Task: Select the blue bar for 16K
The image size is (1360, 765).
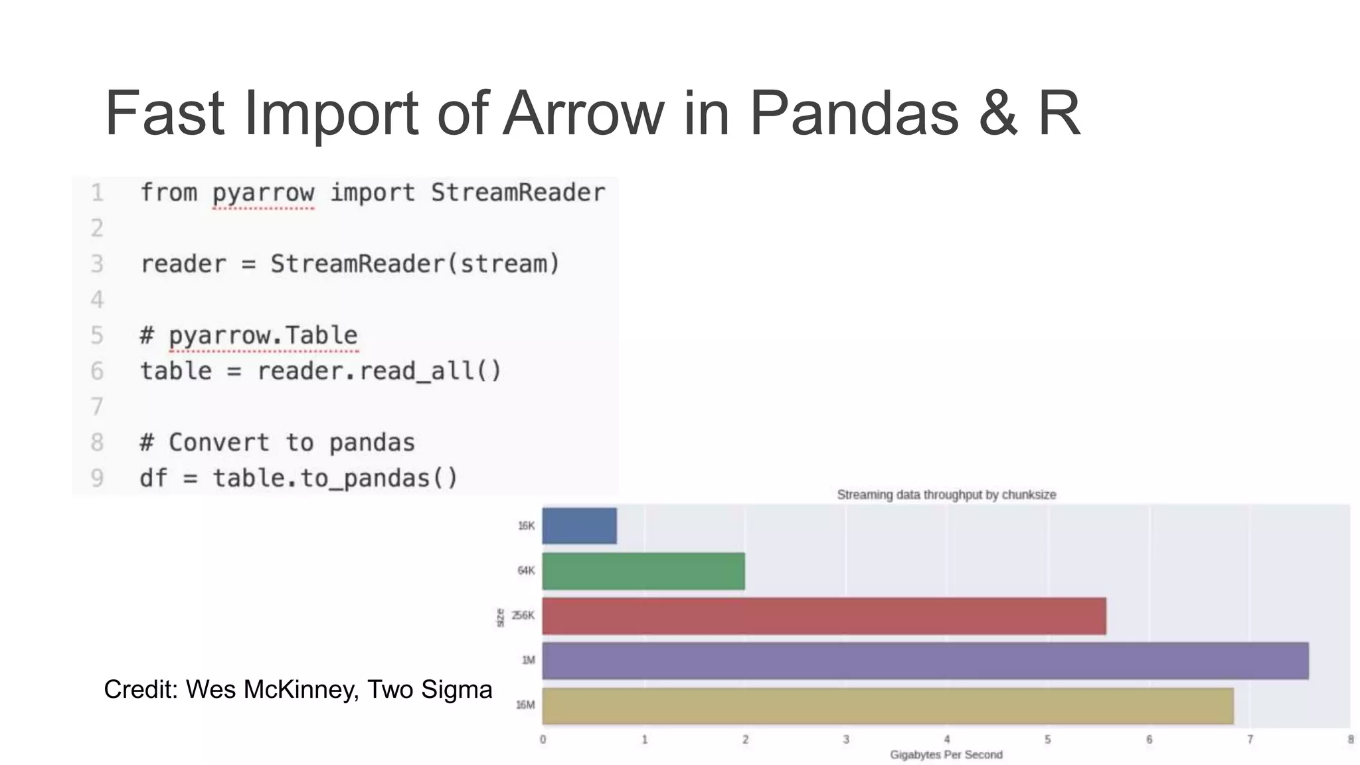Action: tap(579, 526)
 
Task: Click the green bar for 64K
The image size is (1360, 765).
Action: tap(643, 571)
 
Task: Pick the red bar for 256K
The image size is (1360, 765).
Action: tap(823, 616)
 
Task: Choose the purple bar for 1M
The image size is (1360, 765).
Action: tap(924, 661)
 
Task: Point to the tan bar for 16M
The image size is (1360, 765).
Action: tap(887, 706)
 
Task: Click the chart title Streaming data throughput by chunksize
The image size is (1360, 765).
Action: tap(946, 495)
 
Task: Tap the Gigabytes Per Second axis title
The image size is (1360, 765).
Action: tap(946, 755)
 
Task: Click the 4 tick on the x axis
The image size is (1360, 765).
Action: tap(947, 740)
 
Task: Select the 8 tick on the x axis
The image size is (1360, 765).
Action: tap(1350, 740)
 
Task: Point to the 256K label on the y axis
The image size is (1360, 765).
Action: tap(523, 616)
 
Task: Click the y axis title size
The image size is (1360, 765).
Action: tap(500, 618)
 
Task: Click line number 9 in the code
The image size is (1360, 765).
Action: tap(97, 478)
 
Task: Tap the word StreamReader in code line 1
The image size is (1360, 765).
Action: tap(518, 193)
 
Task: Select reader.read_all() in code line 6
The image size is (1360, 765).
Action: tap(379, 371)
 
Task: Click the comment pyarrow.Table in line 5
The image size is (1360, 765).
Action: tap(263, 335)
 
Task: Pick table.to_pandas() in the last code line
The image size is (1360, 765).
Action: tap(335, 478)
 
